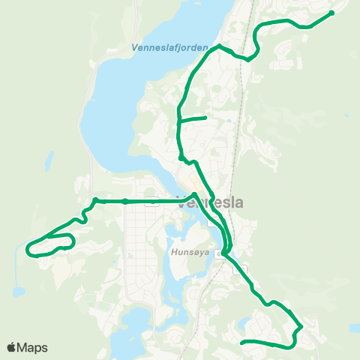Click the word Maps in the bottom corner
[x=33, y=347]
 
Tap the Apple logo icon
[x=12, y=346]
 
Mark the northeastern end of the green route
[x=331, y=13]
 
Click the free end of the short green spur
[x=205, y=118]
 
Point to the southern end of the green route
[x=241, y=343]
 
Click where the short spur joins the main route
[x=178, y=120]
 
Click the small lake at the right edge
[x=353, y=328]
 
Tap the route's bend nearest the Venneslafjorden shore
[x=218, y=46]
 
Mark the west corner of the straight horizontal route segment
[x=95, y=201]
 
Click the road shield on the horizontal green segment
[x=152, y=201]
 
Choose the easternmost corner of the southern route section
[x=301, y=327]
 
